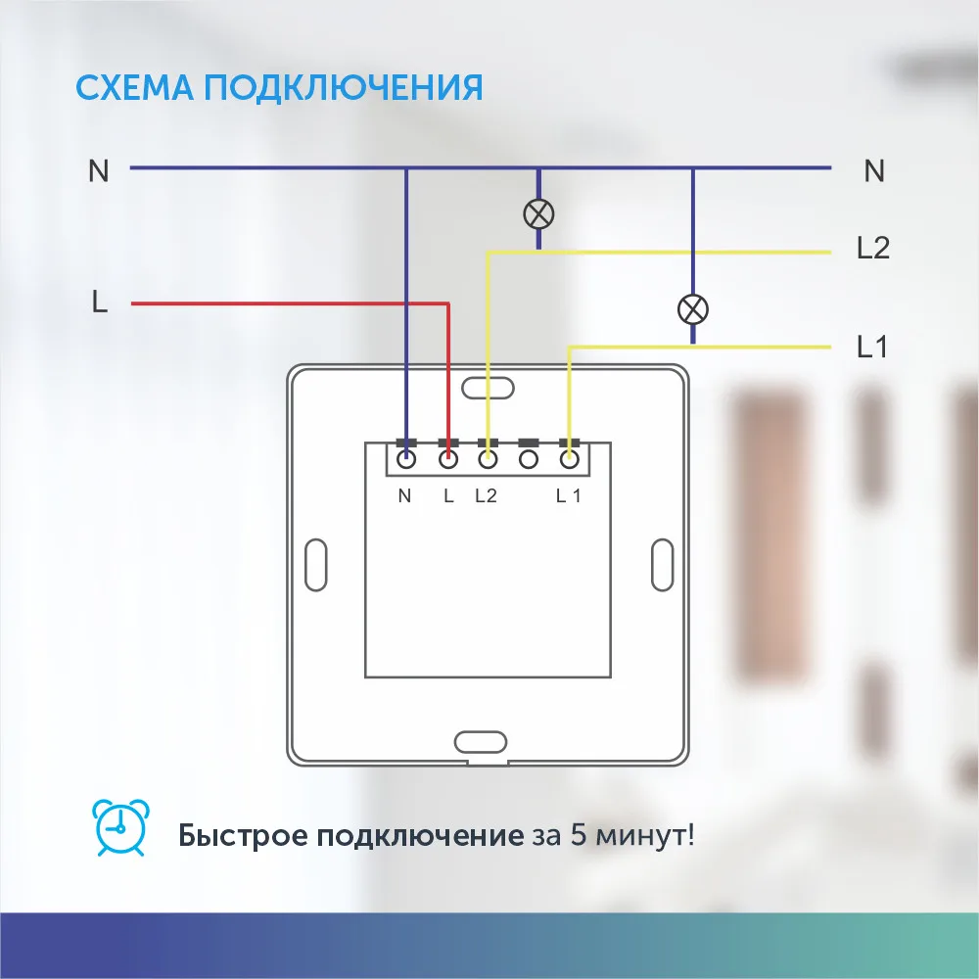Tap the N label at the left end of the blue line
pos(99,171)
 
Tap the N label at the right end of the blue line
pos(874,171)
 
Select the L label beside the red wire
pos(99,303)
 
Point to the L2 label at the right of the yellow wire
pos(872,249)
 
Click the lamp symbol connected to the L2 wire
pos(538,212)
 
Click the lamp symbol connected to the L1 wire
pos(693,310)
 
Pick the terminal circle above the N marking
pos(406,457)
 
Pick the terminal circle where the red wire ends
pos(448,457)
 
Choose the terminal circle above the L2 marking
pos(488,457)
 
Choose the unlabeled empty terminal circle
pos(529,457)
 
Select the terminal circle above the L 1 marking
pos(569,457)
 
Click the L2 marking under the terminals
pos(486,495)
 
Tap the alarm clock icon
pos(120,828)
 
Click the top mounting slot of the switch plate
pos(488,387)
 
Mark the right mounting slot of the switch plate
pos(662,565)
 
